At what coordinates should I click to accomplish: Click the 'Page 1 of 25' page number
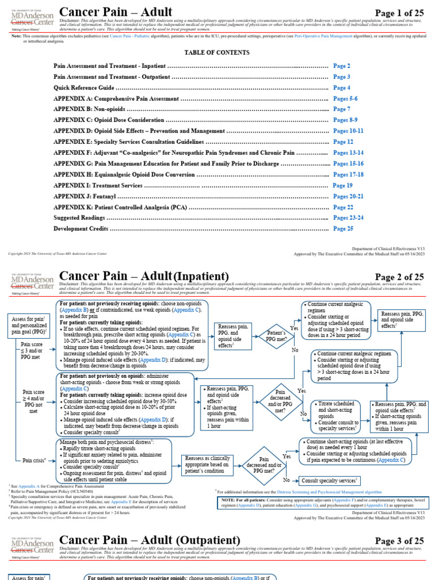click(399, 13)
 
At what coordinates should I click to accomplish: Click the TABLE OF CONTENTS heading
click(217, 53)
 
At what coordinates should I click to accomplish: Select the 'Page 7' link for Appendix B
click(342, 109)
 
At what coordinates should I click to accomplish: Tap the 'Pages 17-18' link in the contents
click(348, 174)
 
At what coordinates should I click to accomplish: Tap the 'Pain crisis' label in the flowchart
click(34, 460)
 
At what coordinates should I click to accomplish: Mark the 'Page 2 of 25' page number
click(399, 277)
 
